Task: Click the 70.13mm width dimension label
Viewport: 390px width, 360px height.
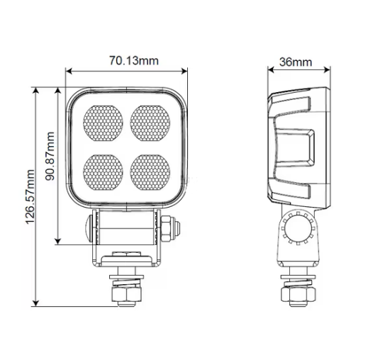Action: click(x=133, y=61)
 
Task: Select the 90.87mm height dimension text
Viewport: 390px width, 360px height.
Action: click(x=50, y=156)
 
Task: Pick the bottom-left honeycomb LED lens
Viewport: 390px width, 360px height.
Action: click(x=104, y=169)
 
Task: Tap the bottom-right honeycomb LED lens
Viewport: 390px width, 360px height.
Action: click(x=150, y=169)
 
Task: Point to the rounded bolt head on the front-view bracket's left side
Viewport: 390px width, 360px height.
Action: click(x=85, y=229)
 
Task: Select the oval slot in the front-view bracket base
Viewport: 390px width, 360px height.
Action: click(x=128, y=254)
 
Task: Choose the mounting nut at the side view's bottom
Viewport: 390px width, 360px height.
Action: click(x=297, y=292)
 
